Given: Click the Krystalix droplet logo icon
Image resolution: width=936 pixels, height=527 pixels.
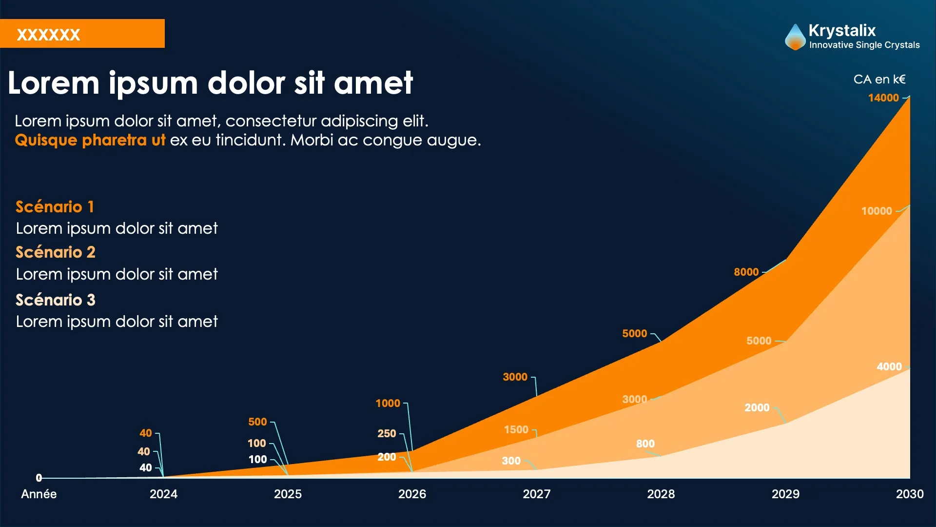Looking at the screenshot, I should [795, 37].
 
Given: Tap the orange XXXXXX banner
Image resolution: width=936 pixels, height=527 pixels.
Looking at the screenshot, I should [82, 34].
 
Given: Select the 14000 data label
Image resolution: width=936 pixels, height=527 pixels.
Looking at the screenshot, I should [883, 98].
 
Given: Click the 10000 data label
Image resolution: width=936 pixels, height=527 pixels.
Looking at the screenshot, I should [876, 211].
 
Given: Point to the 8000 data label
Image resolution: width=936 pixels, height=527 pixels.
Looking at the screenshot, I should [746, 272].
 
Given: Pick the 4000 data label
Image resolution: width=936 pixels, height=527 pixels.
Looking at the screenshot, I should [889, 366].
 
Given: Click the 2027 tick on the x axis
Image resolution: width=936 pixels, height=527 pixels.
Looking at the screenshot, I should [536, 494].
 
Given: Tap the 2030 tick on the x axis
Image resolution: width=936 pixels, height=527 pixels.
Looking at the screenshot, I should [909, 494].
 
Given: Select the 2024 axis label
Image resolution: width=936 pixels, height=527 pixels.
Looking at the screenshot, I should [163, 494].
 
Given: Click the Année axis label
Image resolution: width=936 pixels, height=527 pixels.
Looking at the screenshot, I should [39, 494].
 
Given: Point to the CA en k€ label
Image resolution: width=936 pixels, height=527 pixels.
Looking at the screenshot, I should [879, 79].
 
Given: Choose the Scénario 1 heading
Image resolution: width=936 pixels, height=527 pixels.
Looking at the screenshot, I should [55, 207].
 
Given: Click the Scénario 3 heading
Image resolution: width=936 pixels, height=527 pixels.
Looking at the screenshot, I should [55, 300].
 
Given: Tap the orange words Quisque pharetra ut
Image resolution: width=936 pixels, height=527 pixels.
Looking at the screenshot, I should [90, 140].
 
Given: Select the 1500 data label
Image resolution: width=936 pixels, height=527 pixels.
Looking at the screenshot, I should [516, 429].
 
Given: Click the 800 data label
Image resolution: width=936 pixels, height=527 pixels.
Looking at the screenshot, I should [645, 444].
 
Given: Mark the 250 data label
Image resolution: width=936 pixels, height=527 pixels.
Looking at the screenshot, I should [387, 433].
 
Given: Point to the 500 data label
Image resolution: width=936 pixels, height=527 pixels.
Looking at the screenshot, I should [257, 422].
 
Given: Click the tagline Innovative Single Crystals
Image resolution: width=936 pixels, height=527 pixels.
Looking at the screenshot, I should [864, 45].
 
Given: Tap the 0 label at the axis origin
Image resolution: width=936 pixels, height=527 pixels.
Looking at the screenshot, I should [39, 478].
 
